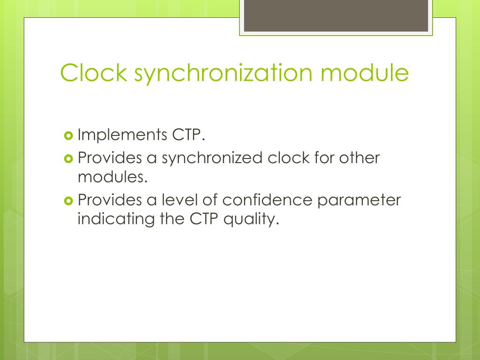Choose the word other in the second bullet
coord(359,158)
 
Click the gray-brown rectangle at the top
coord(336,16)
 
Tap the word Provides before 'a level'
coord(109,200)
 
